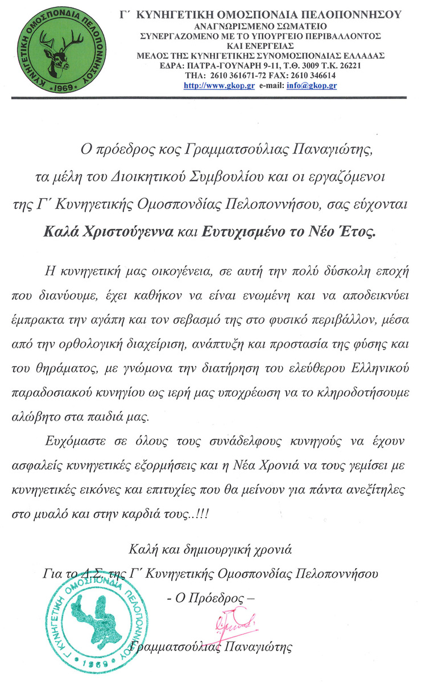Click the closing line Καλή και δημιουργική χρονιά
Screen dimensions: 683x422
click(210, 550)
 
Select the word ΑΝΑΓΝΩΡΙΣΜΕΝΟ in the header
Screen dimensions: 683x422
click(229, 26)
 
